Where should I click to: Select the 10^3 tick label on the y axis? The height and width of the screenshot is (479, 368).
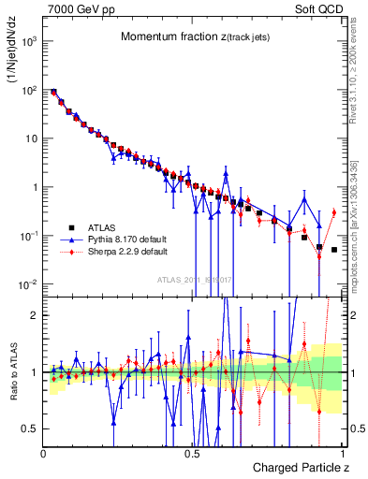(27, 42)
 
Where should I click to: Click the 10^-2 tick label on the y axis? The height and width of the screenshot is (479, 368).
(27, 283)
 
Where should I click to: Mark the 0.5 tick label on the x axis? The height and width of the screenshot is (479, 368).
(191, 452)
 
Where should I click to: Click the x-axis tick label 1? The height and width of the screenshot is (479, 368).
(342, 452)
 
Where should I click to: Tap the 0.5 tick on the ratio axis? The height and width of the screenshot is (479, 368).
(31, 428)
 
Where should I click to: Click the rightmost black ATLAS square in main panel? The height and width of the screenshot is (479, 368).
(333, 250)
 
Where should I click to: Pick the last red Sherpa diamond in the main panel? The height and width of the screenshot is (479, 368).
(333, 212)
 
